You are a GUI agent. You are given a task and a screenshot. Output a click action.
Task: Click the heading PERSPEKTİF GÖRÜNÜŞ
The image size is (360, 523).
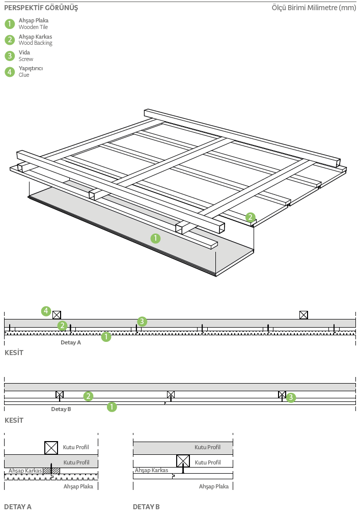tap(41, 8)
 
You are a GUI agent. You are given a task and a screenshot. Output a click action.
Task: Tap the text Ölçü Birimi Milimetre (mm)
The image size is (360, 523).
tap(314, 8)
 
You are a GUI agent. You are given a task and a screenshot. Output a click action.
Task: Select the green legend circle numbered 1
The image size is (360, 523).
tap(10, 24)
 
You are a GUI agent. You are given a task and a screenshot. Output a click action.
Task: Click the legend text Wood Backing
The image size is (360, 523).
tap(35, 43)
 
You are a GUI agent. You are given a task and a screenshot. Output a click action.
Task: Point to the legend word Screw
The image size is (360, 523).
tap(26, 59)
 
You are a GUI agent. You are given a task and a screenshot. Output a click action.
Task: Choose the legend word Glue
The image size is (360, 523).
tap(24, 75)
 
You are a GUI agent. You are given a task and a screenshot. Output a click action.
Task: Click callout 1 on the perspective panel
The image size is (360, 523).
tap(156, 238)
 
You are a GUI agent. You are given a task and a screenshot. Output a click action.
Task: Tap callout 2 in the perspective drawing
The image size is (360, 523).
tap(250, 217)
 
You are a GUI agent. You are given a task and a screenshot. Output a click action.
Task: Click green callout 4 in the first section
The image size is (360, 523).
tap(46, 310)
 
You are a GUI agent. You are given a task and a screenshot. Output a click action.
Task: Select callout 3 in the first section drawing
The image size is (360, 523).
tap(142, 321)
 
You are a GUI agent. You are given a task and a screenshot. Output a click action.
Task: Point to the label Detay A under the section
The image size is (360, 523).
tap(71, 343)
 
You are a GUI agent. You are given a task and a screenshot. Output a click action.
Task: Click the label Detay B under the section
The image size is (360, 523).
tap(61, 409)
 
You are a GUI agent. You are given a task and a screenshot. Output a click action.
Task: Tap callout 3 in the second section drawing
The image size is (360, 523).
tap(291, 397)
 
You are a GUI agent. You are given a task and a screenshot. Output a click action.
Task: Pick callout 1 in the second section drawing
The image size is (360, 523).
tap(112, 406)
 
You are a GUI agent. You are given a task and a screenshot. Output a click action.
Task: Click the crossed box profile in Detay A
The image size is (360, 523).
tap(51, 448)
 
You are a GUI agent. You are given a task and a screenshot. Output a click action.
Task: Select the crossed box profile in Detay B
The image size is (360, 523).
tap(183, 461)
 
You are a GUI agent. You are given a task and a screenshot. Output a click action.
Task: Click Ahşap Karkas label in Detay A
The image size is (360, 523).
tap(25, 471)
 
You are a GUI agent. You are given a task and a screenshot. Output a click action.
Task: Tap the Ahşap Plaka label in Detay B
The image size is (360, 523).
tap(214, 486)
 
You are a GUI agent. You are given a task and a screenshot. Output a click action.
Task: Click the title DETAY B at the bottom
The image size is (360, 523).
tap(146, 507)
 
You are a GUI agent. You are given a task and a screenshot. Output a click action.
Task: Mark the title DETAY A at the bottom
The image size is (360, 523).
tap(18, 507)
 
